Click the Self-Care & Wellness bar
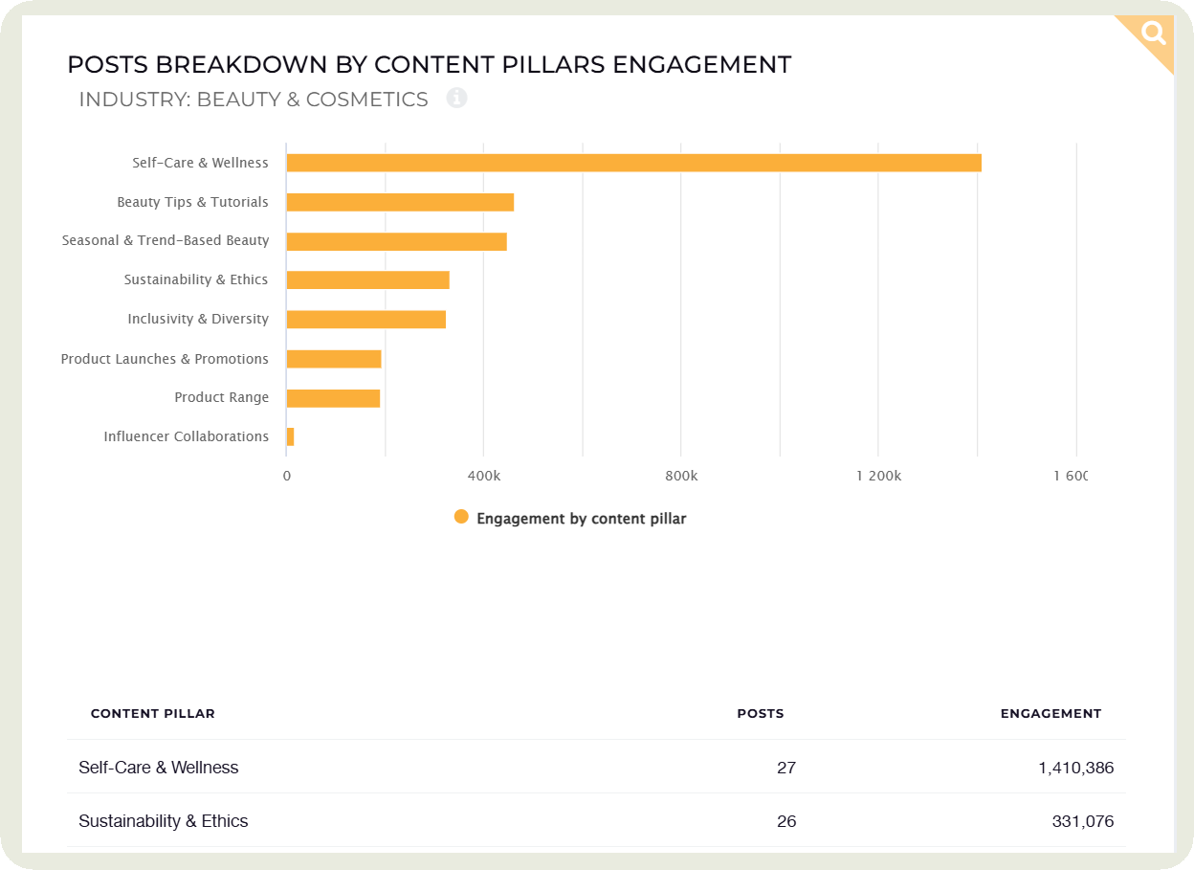pos(633,163)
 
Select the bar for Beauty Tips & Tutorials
pos(400,202)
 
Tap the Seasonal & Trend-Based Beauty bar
pos(396,241)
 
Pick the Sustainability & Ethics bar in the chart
pos(367,280)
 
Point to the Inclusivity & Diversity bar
pos(365,320)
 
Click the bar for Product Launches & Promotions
pos(334,359)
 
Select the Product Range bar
pos(333,398)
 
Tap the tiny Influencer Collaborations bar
pos(290,437)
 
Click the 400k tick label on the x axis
pos(484,476)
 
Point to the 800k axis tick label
pos(681,476)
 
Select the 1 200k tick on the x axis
pos(878,476)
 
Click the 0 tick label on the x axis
pos(287,476)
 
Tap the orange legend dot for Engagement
pos(461,517)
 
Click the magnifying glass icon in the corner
pos(1155,34)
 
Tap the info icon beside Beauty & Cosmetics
pos(456,98)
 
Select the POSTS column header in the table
pos(760,713)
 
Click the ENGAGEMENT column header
pos(1050,713)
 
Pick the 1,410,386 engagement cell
pos(1075,768)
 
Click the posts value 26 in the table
pos(786,821)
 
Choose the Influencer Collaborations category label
pos(187,436)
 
